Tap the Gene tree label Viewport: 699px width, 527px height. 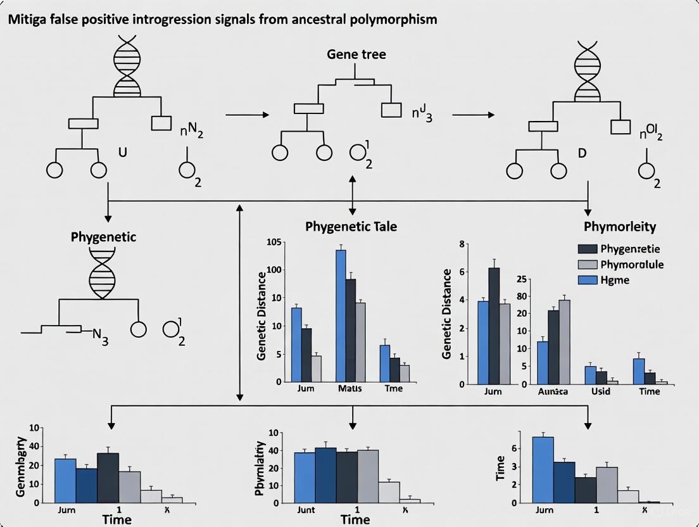point(356,54)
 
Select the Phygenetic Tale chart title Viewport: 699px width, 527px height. point(351,226)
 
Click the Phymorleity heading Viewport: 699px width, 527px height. point(620,226)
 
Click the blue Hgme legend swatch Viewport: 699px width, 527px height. point(587,280)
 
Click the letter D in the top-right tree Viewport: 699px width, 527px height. point(582,153)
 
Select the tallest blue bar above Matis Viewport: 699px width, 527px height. point(341,315)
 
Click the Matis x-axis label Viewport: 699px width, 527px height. point(349,388)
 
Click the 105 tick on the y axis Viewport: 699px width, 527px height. point(274,243)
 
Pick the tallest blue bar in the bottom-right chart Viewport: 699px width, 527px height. point(543,469)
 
